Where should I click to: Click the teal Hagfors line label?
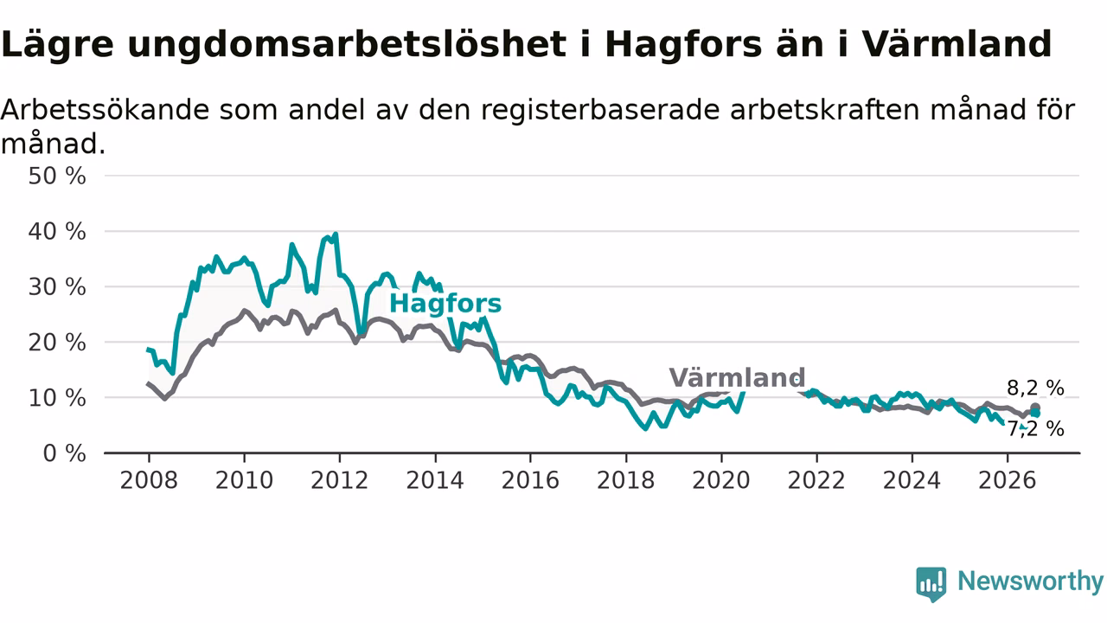click(445, 304)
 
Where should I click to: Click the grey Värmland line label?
click(737, 378)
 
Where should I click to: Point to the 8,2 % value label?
click(1035, 389)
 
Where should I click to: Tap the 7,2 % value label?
click(1035, 428)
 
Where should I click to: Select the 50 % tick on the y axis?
click(57, 176)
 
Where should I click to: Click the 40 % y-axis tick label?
click(57, 231)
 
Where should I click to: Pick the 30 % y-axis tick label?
click(57, 286)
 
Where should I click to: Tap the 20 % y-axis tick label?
click(57, 342)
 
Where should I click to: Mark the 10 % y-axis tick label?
click(57, 398)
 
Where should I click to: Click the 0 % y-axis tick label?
click(64, 453)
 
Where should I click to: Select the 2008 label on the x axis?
click(149, 480)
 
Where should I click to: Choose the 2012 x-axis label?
click(340, 480)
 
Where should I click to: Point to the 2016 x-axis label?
click(530, 480)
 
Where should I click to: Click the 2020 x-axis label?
click(721, 480)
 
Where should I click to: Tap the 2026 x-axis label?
click(1008, 480)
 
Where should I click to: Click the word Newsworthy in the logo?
click(1031, 581)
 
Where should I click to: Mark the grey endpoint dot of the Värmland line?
click(1035, 408)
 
